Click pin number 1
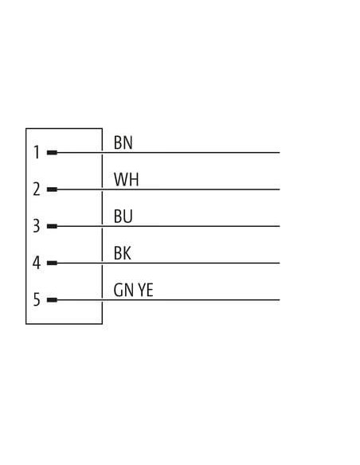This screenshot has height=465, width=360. pyautogui.click(x=37, y=152)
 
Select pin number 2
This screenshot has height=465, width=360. pyautogui.click(x=37, y=190)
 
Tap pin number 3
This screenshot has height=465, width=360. pyautogui.click(x=37, y=226)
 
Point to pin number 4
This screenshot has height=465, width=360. pyautogui.click(x=37, y=263)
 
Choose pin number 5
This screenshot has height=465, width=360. pyautogui.click(x=37, y=299)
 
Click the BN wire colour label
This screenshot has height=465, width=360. pyautogui.click(x=123, y=143)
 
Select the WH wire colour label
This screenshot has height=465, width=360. pyautogui.click(x=127, y=179)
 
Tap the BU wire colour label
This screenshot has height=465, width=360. pyautogui.click(x=123, y=217)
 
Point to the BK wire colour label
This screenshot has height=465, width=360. pyautogui.click(x=122, y=253)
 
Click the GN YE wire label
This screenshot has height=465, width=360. pyautogui.click(x=134, y=290)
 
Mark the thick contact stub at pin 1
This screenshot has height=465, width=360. pyautogui.click(x=52, y=153)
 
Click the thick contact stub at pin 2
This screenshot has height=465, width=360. pyautogui.click(x=52, y=190)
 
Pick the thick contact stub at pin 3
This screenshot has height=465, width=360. pyautogui.click(x=52, y=226)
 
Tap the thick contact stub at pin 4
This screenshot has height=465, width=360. pyautogui.click(x=52, y=263)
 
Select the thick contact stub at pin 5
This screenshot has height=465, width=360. pyautogui.click(x=52, y=300)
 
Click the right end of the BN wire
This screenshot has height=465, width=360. pyautogui.click(x=280, y=153)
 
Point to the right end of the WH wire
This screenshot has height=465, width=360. pyautogui.click(x=280, y=190)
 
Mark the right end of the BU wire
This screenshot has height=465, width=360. pyautogui.click(x=280, y=226)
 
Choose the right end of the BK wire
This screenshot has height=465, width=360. pyautogui.click(x=280, y=263)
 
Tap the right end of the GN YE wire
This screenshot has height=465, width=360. pyautogui.click(x=280, y=300)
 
